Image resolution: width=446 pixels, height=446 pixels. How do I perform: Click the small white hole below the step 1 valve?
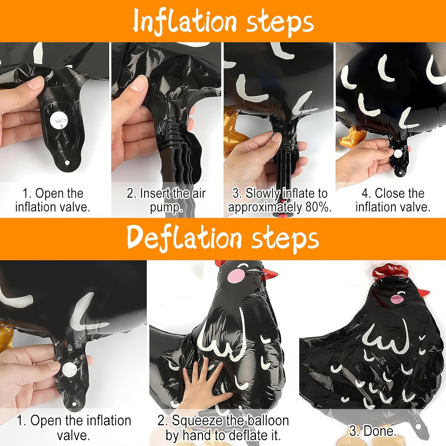pyautogui.click(x=67, y=163)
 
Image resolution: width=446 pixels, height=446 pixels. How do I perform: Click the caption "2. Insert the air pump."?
pyautogui.click(x=166, y=200)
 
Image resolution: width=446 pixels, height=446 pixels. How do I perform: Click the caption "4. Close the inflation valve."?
pyautogui.click(x=393, y=200)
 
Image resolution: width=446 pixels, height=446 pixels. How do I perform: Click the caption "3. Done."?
pyautogui.click(x=373, y=431)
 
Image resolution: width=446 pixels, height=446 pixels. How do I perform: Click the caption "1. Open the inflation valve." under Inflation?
pyautogui.click(x=53, y=200)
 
